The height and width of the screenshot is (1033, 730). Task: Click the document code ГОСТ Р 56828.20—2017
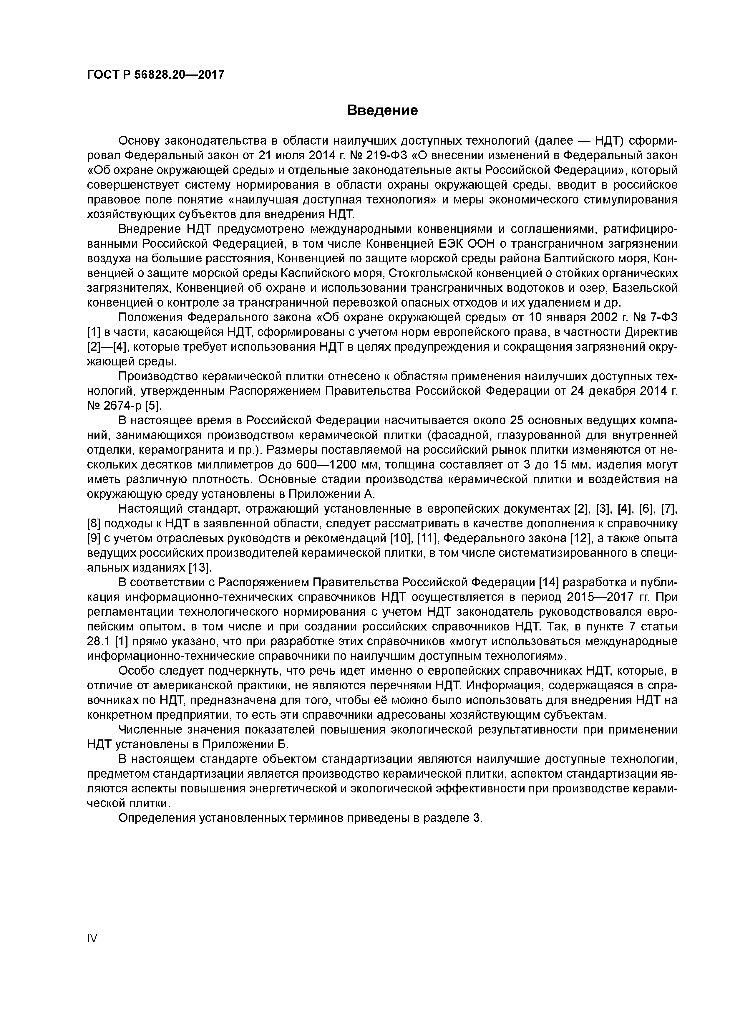click(155, 75)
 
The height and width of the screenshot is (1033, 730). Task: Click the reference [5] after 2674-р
click(153, 406)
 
